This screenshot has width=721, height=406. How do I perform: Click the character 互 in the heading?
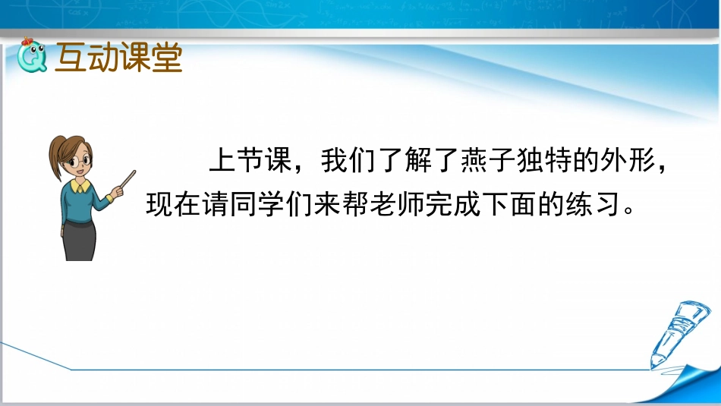pyautogui.click(x=71, y=58)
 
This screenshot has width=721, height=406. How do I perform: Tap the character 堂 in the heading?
pyautogui.click(x=167, y=58)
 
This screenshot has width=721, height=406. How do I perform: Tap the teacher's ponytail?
pyautogui.click(x=55, y=156)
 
